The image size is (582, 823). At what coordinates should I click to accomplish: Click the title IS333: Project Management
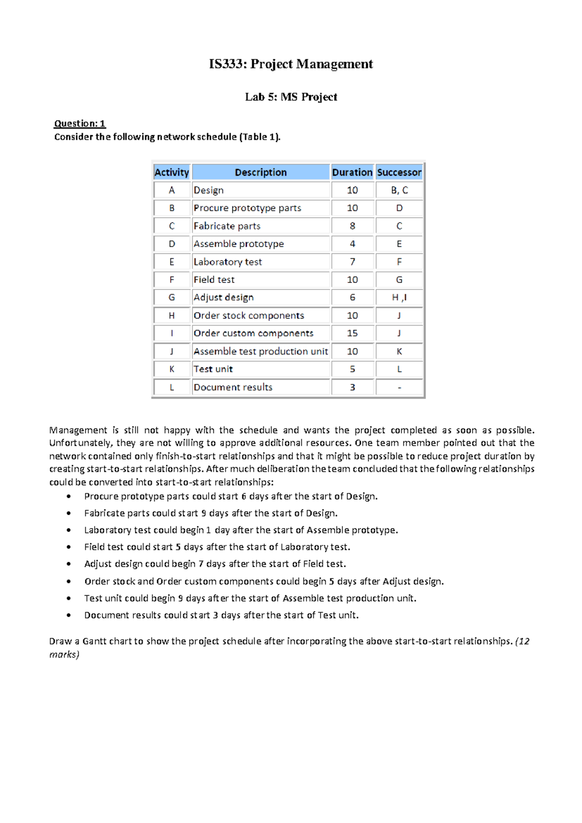291,64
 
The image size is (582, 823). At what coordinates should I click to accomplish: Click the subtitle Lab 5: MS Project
291,97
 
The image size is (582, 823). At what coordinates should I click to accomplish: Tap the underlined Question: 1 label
80,124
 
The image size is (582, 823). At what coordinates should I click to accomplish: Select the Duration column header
352,172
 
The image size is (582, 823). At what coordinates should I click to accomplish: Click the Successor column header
399,172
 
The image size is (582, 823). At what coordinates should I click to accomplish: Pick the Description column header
260,172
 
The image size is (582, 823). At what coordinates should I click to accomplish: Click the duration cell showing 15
352,333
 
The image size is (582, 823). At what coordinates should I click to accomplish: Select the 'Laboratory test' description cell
227,262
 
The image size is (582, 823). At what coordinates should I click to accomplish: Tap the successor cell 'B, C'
399,190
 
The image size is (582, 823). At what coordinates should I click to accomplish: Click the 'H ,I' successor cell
399,298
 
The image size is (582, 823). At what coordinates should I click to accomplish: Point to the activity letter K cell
172,369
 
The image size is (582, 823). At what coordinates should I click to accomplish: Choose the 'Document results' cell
233,387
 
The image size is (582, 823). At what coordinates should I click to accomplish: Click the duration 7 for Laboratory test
352,262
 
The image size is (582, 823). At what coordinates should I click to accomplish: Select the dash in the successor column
399,387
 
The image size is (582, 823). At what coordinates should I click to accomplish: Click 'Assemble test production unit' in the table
260,351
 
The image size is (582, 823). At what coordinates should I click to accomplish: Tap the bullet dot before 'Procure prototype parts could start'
69,496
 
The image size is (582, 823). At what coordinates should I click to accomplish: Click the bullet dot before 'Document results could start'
69,616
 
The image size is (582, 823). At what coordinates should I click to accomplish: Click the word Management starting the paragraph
78,430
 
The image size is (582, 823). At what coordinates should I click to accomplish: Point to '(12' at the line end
523,641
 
